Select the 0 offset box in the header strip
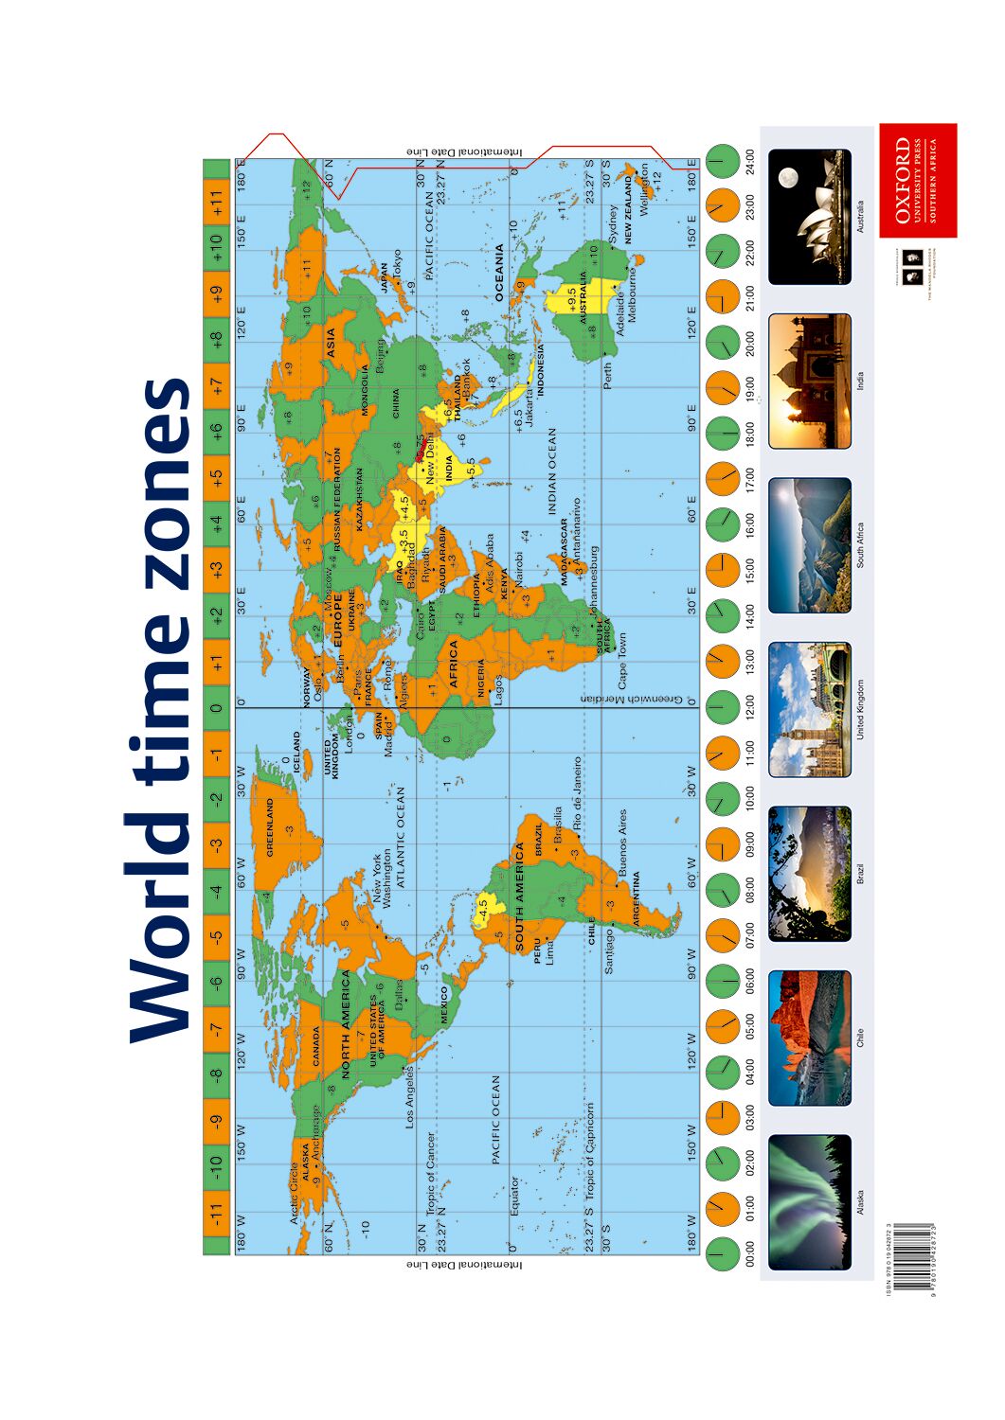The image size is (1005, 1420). coord(217,707)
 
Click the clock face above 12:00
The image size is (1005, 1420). coord(722,707)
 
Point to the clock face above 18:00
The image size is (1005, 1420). coord(722,433)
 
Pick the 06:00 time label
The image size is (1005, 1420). coord(751,981)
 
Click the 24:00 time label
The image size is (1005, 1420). coord(751,161)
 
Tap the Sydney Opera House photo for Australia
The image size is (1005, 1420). coord(810,217)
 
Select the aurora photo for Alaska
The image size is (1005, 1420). coord(810,1202)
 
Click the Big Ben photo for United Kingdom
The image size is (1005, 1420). coord(810,710)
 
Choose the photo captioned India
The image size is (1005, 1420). coord(810,381)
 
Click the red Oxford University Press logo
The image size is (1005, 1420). coord(917,180)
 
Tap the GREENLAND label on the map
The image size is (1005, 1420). coord(270,827)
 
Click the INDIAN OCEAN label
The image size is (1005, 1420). coord(552,471)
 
